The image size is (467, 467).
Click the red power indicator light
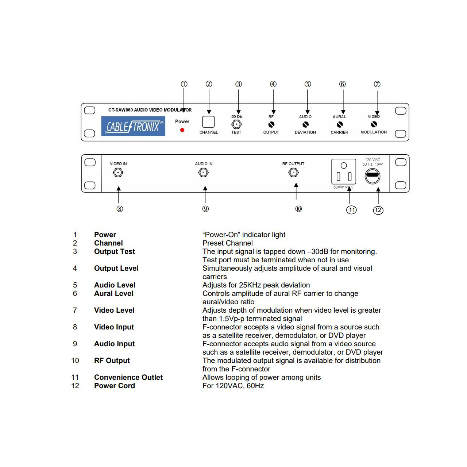click(x=182, y=130)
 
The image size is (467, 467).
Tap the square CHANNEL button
click(x=208, y=122)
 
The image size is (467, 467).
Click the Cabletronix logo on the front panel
click(x=133, y=126)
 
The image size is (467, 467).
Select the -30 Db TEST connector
click(x=236, y=124)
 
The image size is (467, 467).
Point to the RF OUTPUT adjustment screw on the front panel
click(x=271, y=124)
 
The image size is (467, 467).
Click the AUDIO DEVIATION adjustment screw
click(x=305, y=124)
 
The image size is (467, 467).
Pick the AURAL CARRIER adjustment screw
click(x=340, y=124)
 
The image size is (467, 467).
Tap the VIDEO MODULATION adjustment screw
click(x=374, y=124)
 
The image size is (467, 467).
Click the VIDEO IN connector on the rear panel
click(x=118, y=173)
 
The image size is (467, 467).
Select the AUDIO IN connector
click(x=204, y=173)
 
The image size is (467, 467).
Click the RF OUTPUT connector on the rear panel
click(x=293, y=173)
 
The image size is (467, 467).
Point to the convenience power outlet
click(x=344, y=171)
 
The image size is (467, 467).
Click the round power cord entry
click(x=373, y=176)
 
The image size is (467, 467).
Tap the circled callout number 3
click(x=239, y=84)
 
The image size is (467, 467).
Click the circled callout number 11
click(x=351, y=210)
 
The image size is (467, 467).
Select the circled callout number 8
click(x=120, y=209)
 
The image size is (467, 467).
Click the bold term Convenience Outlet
click(x=128, y=377)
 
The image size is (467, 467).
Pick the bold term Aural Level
click(x=114, y=293)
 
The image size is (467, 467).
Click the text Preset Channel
click(x=228, y=243)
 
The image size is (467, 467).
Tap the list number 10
click(x=75, y=360)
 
